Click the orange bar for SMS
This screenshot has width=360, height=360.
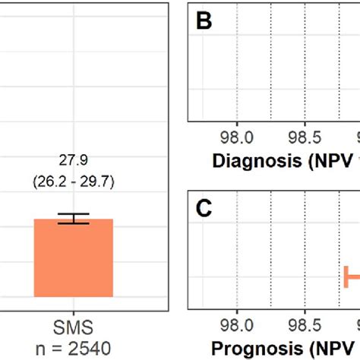pos(74,258)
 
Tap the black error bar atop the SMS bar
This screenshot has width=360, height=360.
pos(74,219)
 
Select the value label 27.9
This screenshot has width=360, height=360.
pos(74,161)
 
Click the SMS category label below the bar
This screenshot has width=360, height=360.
pos(74,328)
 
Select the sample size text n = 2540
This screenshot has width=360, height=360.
pos(74,348)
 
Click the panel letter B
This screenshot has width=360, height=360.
pos(204,22)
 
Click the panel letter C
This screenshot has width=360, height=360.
pos(204,207)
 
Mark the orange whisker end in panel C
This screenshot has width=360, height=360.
pos(346,276)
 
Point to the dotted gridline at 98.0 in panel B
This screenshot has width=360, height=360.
pos(238,68)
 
